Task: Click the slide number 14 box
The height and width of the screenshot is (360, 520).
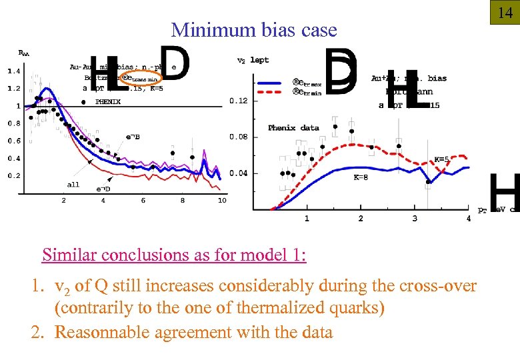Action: [x=505, y=11]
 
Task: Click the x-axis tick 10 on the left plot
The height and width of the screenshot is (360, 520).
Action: [x=221, y=200]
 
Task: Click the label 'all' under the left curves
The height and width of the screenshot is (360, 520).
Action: [x=73, y=185]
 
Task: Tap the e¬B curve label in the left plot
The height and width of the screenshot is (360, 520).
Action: [x=133, y=137]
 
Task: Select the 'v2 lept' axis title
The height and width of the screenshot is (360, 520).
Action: [x=253, y=60]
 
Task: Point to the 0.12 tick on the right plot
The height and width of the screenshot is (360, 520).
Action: [x=238, y=101]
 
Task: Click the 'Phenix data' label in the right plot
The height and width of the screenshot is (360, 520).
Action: [x=293, y=127]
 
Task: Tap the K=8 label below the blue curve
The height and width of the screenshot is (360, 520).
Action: [x=361, y=178]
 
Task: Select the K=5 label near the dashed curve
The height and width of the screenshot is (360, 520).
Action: [x=441, y=159]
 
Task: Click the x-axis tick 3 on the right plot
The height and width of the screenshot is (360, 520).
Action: [x=415, y=218]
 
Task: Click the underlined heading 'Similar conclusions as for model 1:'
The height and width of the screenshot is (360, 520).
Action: [x=174, y=255]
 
